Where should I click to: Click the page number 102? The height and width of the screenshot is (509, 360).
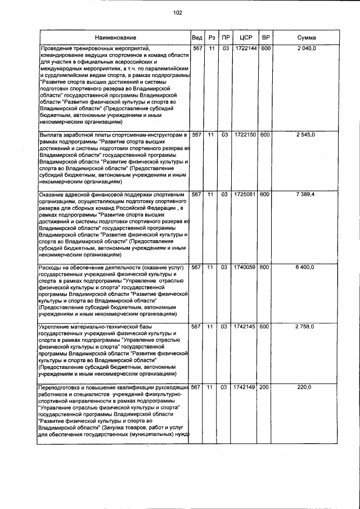tap(178, 12)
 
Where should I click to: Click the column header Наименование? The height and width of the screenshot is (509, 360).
tap(115, 38)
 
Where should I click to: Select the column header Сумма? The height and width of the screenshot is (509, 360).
tap(307, 38)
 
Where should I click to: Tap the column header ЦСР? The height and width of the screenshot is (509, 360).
tap(245, 38)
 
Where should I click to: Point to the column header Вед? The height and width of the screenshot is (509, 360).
tap(197, 38)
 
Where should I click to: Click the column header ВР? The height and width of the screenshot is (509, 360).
tap(266, 38)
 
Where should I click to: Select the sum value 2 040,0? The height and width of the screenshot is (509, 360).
tap(307, 49)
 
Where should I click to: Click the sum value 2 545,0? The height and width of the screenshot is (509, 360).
tap(307, 136)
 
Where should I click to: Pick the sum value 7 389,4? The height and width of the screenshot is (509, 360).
tap(307, 195)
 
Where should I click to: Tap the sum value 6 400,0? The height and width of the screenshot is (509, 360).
tap(307, 267)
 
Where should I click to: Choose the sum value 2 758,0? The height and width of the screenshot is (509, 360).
tap(307, 326)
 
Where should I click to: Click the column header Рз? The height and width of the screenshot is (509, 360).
tap(211, 38)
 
